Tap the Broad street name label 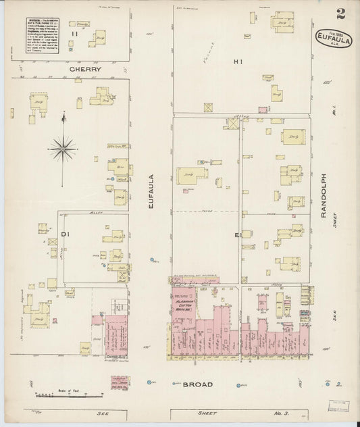pyautogui.click(x=198, y=384)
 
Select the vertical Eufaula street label pyautogui.click(x=152, y=196)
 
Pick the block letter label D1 pyautogui.click(x=66, y=234)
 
